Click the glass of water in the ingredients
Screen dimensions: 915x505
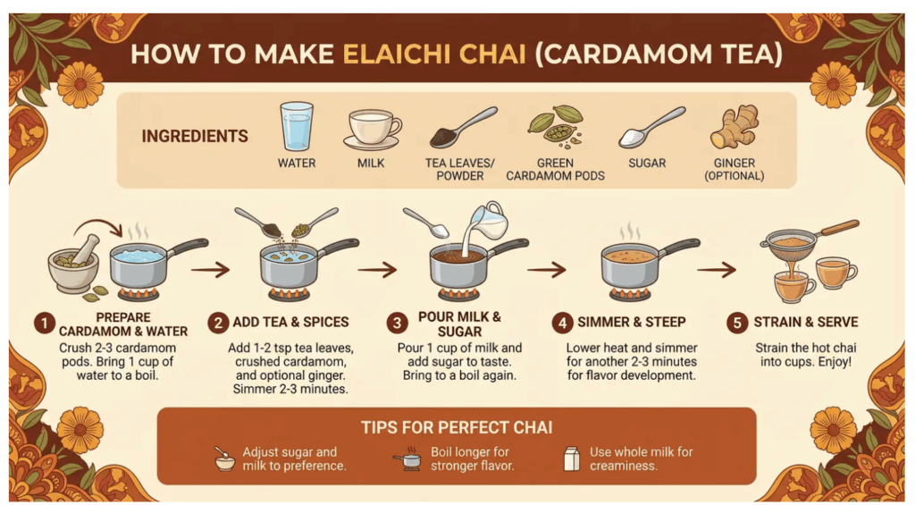tap(297, 127)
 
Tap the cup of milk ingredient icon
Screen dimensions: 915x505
tap(372, 129)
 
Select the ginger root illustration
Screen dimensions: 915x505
tap(735, 126)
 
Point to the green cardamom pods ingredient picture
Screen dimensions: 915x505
tap(555, 125)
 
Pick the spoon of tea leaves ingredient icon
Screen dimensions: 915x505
tap(464, 127)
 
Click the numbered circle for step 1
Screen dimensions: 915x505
tap(45, 323)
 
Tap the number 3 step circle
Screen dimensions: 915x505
tap(398, 323)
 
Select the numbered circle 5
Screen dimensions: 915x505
tap(737, 323)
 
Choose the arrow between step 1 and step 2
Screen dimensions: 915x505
tap(210, 270)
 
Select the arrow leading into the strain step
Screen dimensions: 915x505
tap(717, 270)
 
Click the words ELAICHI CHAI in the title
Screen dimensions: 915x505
tap(434, 55)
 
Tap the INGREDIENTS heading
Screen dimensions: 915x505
tap(194, 136)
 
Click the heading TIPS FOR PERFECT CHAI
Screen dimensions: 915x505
tap(457, 427)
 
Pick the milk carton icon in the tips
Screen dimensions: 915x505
tap(572, 459)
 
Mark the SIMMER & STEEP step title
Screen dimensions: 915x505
tap(632, 323)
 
